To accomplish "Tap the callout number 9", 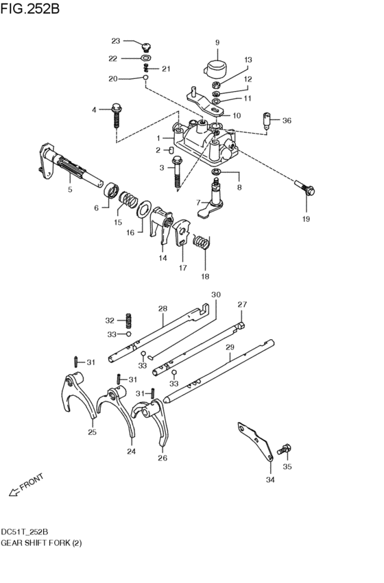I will coord(217,43).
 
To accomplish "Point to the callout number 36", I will coord(287,121).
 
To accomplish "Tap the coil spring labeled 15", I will coord(127,201).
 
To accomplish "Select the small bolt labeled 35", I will coord(285,450).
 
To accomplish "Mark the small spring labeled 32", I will coord(128,320).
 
